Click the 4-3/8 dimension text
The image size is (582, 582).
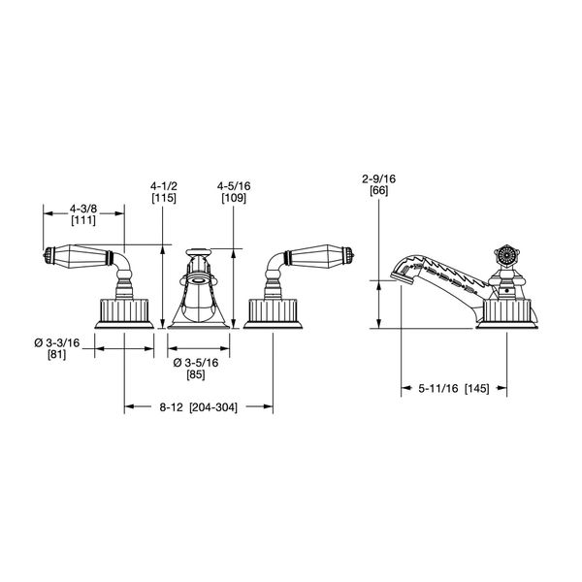point(83,209)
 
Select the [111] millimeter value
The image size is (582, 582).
point(83,220)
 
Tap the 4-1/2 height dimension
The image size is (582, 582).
point(164,185)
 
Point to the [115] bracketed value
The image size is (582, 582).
point(164,198)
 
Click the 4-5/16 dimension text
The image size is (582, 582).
point(234,185)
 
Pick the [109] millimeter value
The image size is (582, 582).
point(234,198)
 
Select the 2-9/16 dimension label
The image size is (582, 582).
point(379,178)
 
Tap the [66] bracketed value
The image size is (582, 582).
point(379,191)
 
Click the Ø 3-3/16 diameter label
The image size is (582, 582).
point(57,342)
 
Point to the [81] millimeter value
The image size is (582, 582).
point(57,354)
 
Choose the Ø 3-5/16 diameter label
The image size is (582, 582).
point(196,363)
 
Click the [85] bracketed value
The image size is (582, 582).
point(196,374)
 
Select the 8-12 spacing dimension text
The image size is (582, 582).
point(171,407)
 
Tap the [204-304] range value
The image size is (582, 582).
point(213,407)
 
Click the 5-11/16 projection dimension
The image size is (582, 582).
point(438,389)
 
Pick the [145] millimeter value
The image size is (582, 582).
point(477,389)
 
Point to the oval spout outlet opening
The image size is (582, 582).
point(198,280)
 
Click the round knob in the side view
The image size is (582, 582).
point(504,255)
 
